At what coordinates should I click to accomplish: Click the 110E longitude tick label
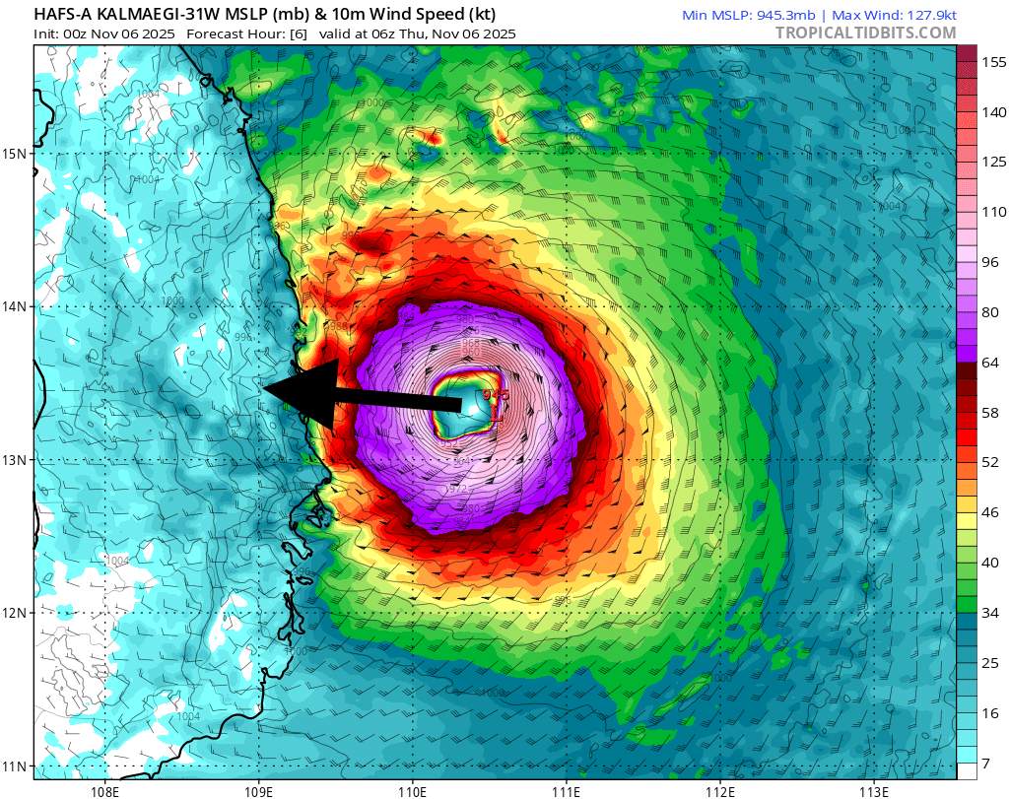[412, 789]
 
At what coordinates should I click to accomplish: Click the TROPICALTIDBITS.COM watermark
[865, 33]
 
